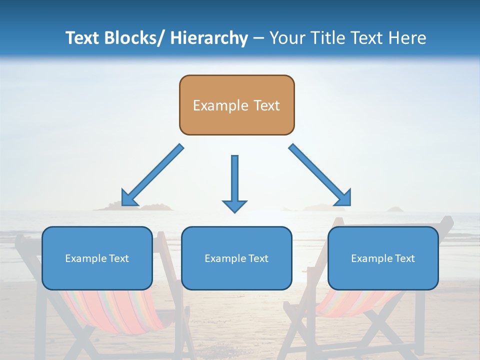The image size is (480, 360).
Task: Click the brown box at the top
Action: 236,105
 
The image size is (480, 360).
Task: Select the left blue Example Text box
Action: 97,258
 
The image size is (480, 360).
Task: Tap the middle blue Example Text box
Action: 236,258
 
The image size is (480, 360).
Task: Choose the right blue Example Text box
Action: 383,258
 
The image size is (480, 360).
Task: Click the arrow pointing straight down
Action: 234,183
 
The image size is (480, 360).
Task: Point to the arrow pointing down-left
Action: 153,175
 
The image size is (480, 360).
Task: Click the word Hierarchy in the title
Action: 209,38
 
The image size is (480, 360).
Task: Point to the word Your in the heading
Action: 286,38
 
